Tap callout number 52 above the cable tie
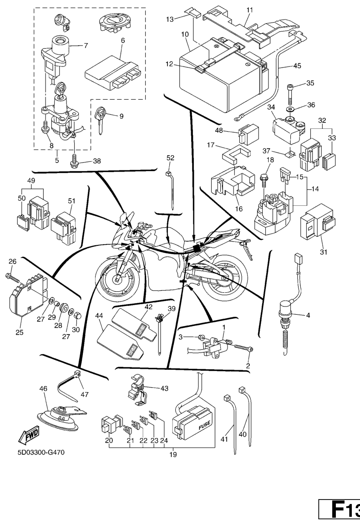click(x=170, y=158)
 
